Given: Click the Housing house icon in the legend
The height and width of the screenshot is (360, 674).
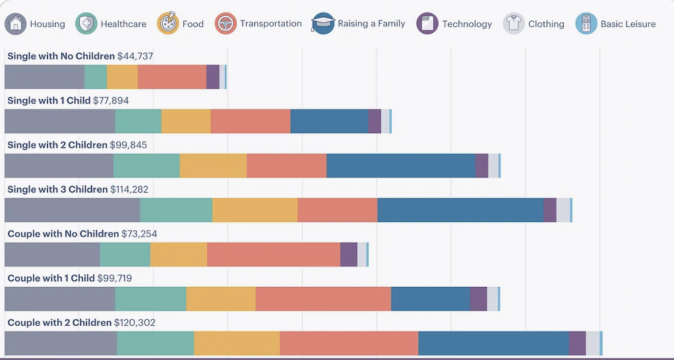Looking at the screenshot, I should pos(16,24).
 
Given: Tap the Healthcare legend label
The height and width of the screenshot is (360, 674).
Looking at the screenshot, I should pos(123,24).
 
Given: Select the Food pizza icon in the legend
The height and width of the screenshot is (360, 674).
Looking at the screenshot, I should pos(168,24).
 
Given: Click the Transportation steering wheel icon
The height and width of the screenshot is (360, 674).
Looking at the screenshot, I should pos(226,24).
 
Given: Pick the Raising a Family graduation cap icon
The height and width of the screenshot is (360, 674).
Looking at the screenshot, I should pos(323,24).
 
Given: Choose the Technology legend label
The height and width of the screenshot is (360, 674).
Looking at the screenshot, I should pos(467,24).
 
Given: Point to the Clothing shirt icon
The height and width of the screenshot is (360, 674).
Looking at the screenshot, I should pos(514,24).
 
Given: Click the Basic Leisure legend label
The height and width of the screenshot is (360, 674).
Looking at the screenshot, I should pos(628,24).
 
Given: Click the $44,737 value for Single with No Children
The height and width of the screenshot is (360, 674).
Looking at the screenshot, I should pos(135,56).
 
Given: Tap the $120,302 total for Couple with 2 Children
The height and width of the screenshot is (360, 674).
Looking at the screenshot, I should pos(135,322).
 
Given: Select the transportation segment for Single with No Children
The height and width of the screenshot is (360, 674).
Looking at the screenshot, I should pos(172,77).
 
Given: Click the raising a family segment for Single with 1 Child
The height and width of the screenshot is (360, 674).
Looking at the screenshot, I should pos(329,121).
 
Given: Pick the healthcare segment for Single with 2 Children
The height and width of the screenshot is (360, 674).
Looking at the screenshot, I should pos(146,165).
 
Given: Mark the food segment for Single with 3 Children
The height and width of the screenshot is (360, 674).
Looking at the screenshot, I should pos(255,210).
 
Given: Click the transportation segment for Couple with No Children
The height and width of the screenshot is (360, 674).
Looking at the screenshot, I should pos(274,255).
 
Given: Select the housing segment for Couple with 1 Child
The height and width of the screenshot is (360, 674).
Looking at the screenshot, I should pos(60,299).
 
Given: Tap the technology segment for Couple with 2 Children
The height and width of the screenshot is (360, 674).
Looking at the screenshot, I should pos(577,343).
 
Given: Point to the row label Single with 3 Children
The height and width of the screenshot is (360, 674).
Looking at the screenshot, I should pos(57,189).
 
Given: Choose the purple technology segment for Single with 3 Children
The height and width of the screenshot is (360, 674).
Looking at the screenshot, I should pos(550,210).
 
